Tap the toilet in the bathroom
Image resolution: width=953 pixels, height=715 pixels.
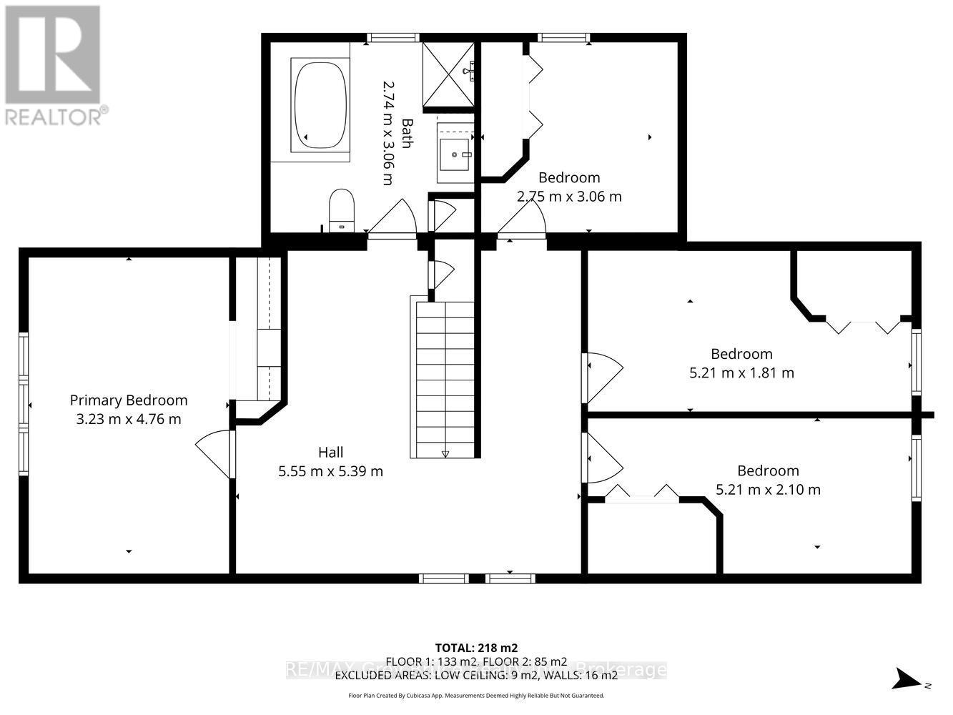[342, 209]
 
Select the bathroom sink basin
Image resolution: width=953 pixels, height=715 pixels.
[455, 153]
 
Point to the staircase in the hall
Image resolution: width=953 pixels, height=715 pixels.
[444, 379]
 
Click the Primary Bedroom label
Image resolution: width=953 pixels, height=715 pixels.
[129, 400]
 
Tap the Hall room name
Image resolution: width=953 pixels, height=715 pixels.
[330, 452]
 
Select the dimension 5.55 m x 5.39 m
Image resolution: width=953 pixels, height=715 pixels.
[330, 471]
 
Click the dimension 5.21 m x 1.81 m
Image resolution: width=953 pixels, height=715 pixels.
[741, 373]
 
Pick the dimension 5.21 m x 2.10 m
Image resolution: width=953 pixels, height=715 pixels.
[768, 490]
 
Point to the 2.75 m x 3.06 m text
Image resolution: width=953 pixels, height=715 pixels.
[569, 196]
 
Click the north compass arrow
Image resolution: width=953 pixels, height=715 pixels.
[909, 677]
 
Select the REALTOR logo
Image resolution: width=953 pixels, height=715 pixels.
[54, 64]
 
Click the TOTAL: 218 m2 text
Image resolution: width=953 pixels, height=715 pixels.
[476, 648]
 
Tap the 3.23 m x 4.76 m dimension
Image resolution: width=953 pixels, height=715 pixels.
[129, 419]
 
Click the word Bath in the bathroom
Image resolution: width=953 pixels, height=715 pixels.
[406, 133]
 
